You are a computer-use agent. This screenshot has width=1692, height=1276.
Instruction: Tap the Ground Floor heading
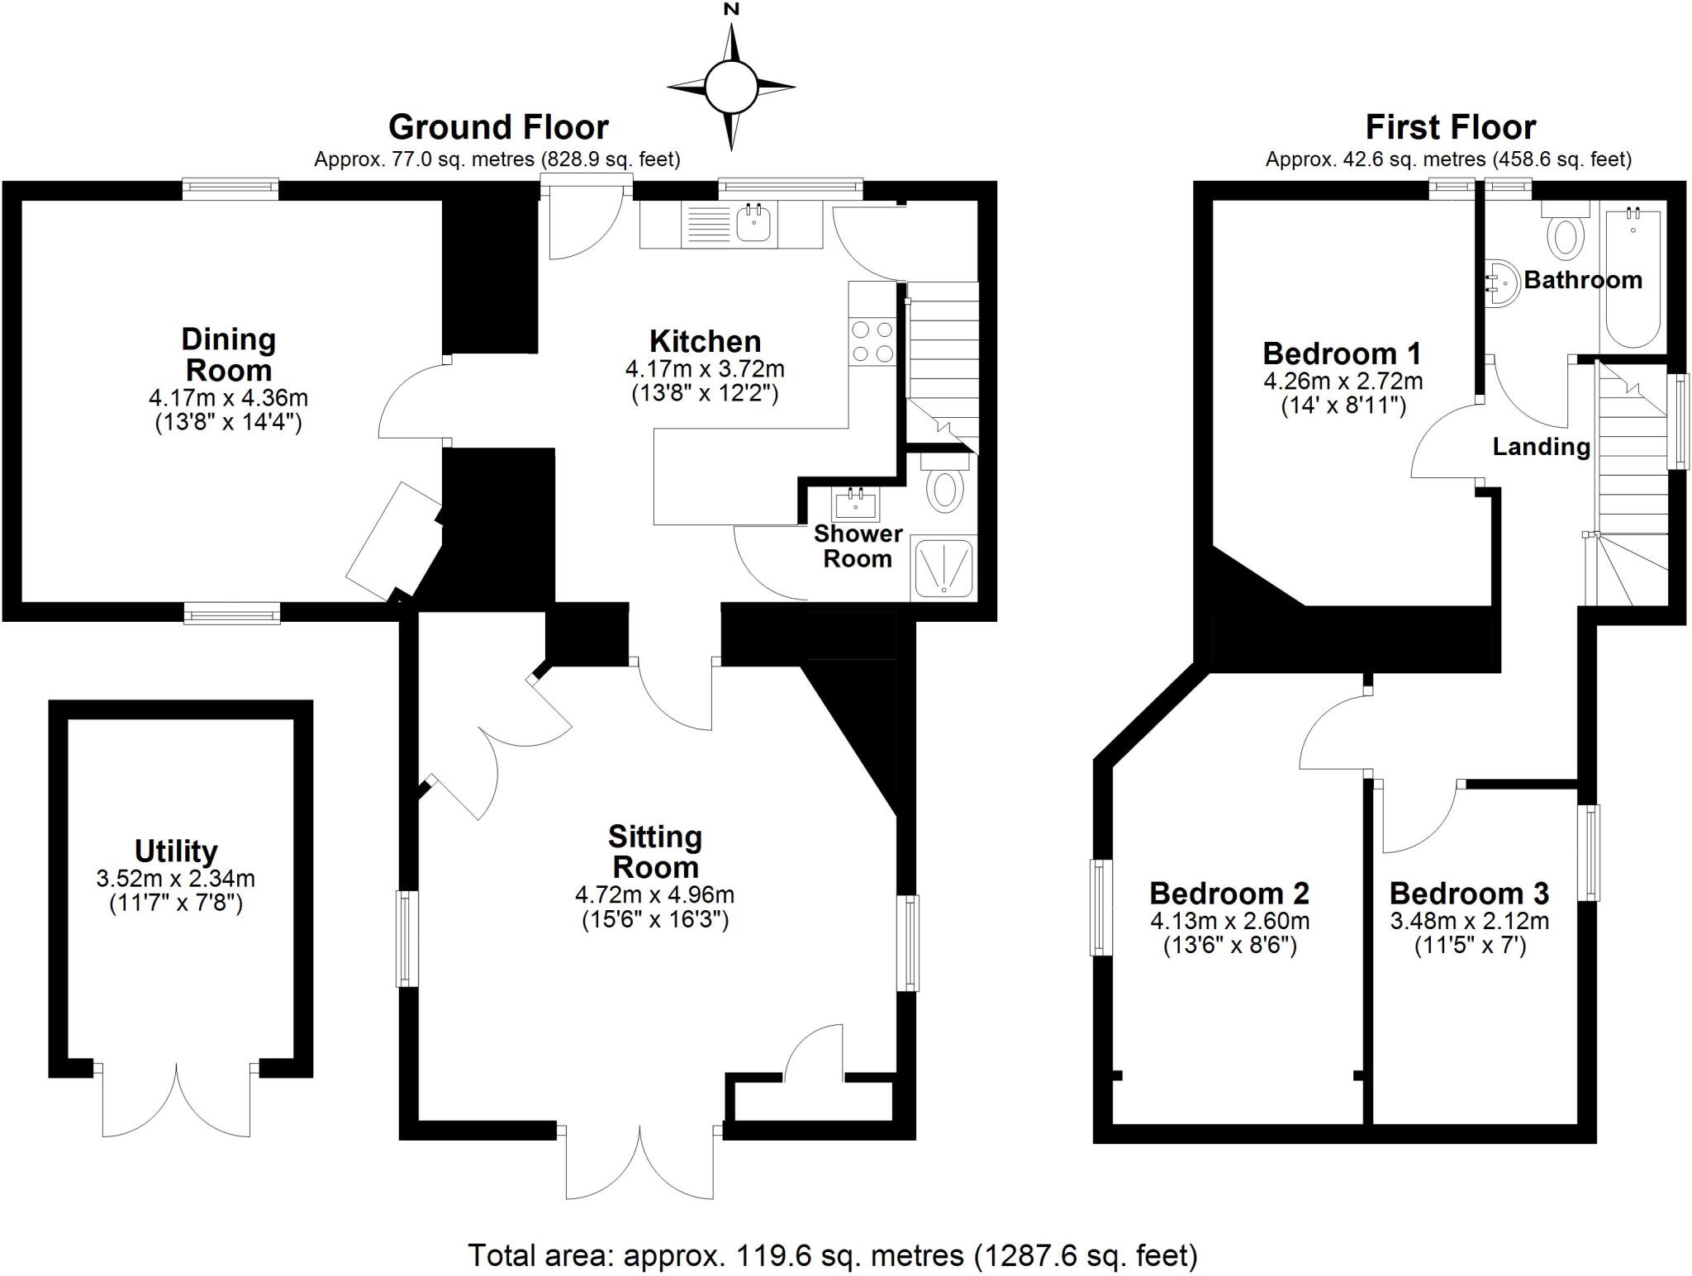(x=498, y=127)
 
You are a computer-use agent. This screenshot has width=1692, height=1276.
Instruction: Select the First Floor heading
(x=1450, y=127)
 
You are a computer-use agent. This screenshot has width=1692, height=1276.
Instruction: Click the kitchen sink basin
(x=753, y=223)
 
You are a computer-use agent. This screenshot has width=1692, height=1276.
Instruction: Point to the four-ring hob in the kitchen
(x=872, y=341)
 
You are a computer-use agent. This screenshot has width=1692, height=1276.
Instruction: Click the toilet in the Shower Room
(x=945, y=488)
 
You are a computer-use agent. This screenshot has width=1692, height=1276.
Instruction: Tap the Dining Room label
(x=228, y=354)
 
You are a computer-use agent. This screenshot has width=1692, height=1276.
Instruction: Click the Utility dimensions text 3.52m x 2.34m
(x=175, y=878)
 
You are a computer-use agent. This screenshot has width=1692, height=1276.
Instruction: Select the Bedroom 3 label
(x=1469, y=894)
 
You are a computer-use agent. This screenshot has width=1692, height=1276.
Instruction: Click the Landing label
(x=1541, y=447)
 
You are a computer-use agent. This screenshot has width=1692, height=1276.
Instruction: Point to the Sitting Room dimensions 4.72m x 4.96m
(x=654, y=894)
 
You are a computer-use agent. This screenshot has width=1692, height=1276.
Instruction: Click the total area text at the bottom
(x=833, y=1255)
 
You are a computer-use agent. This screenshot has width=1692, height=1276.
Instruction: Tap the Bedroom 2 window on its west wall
(x=1101, y=907)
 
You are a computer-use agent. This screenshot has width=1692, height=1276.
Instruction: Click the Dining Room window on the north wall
(x=231, y=189)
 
